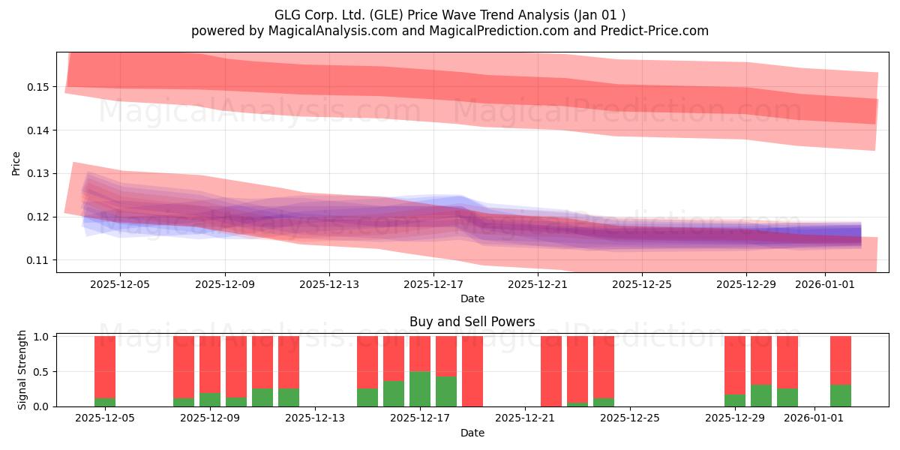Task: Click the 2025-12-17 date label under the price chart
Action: coord(433,284)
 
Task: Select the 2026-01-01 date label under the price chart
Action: coord(825,284)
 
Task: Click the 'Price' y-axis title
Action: coord(16,163)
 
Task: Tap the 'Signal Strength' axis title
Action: coord(22,370)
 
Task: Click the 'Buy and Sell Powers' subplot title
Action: coord(472,322)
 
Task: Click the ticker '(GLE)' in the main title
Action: coord(386,15)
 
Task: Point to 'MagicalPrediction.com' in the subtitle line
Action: coord(499,31)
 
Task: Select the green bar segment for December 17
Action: coord(420,389)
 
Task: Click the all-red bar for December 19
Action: coord(472,371)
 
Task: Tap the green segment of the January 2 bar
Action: coord(841,396)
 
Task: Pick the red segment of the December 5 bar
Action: coord(105,367)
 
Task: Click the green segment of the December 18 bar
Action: coord(446,391)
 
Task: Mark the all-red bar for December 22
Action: coord(551,371)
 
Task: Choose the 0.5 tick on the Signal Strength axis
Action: coord(40,372)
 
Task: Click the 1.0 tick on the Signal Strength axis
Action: coord(40,337)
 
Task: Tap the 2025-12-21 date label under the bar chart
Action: coord(525,418)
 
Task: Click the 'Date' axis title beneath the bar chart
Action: coord(472,433)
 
